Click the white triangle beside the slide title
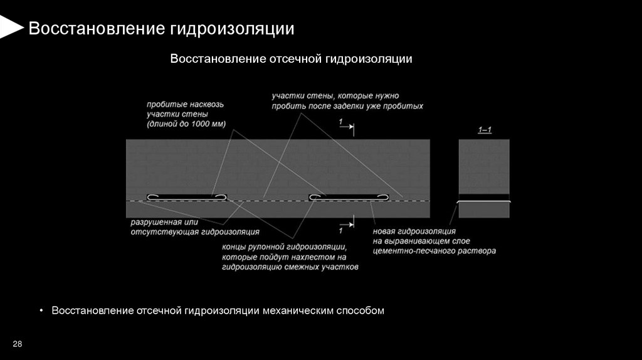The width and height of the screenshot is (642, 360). click(9, 28)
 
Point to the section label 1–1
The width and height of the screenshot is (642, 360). click(485, 130)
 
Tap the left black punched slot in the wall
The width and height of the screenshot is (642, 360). click(186, 197)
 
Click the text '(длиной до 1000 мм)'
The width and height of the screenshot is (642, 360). click(186, 124)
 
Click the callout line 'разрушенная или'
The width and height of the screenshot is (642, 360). click(164, 223)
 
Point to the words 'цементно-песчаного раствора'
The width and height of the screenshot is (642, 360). click(434, 250)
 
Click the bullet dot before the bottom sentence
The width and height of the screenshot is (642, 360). click(42, 310)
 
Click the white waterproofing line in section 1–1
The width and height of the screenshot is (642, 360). click(484, 202)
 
